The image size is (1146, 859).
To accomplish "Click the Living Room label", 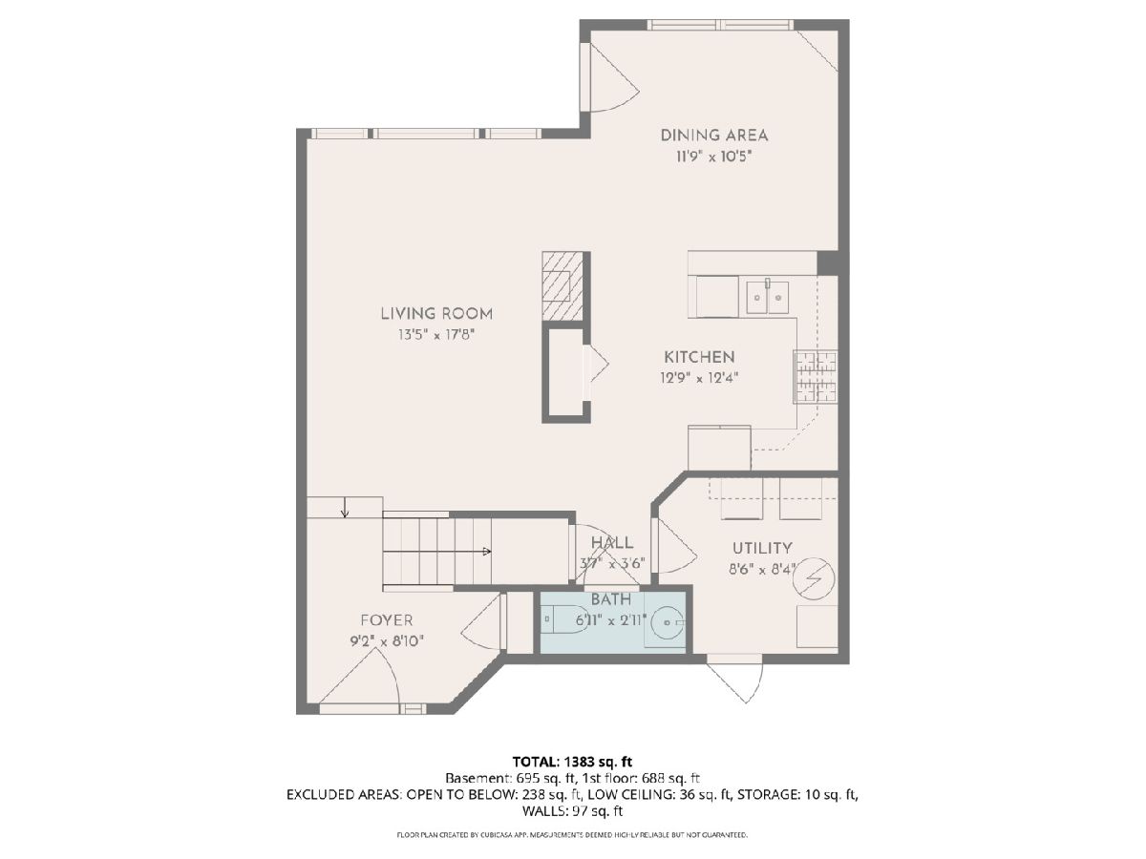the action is pyautogui.click(x=435, y=313).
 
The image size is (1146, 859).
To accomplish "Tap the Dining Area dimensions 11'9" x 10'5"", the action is pyautogui.click(x=713, y=157).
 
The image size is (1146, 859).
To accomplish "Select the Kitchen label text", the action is pyautogui.click(x=699, y=357).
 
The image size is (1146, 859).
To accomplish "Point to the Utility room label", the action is pyautogui.click(x=762, y=548).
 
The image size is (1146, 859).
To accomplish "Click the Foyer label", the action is pyautogui.click(x=387, y=620).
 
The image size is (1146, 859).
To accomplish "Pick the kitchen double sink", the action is pyautogui.click(x=767, y=297).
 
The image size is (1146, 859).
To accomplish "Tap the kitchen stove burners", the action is pyautogui.click(x=815, y=377).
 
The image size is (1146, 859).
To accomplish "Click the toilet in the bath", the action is pyautogui.click(x=563, y=619).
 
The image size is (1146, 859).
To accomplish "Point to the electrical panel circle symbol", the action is pyautogui.click(x=814, y=578).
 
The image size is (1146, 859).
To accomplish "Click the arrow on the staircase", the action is pyautogui.click(x=437, y=552).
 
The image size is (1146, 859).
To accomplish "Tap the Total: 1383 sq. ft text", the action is pyautogui.click(x=572, y=762).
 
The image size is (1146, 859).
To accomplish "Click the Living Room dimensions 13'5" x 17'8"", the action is pyautogui.click(x=435, y=334).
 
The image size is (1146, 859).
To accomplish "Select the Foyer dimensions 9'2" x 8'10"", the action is pyautogui.click(x=387, y=641).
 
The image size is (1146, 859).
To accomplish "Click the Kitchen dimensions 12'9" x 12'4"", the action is pyautogui.click(x=699, y=378).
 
